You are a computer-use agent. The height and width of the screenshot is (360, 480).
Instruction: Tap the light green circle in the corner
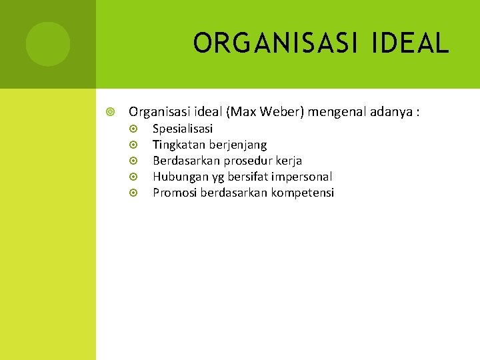tap(47, 44)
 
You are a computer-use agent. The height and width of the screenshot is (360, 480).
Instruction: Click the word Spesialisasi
tap(183, 129)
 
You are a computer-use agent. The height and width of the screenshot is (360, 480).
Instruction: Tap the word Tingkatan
tap(179, 145)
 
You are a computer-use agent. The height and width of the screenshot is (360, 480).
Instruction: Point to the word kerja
tap(289, 161)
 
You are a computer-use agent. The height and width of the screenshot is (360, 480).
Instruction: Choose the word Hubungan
tap(178, 177)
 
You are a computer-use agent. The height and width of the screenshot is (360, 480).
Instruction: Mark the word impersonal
tap(301, 177)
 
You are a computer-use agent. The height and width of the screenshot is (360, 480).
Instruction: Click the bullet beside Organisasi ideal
tap(111, 111)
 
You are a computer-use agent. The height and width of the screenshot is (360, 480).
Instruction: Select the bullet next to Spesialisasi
tap(133, 129)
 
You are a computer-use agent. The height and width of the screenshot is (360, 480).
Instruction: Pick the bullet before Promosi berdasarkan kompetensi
tap(133, 193)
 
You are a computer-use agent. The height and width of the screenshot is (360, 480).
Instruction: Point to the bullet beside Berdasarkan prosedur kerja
tap(133, 161)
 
